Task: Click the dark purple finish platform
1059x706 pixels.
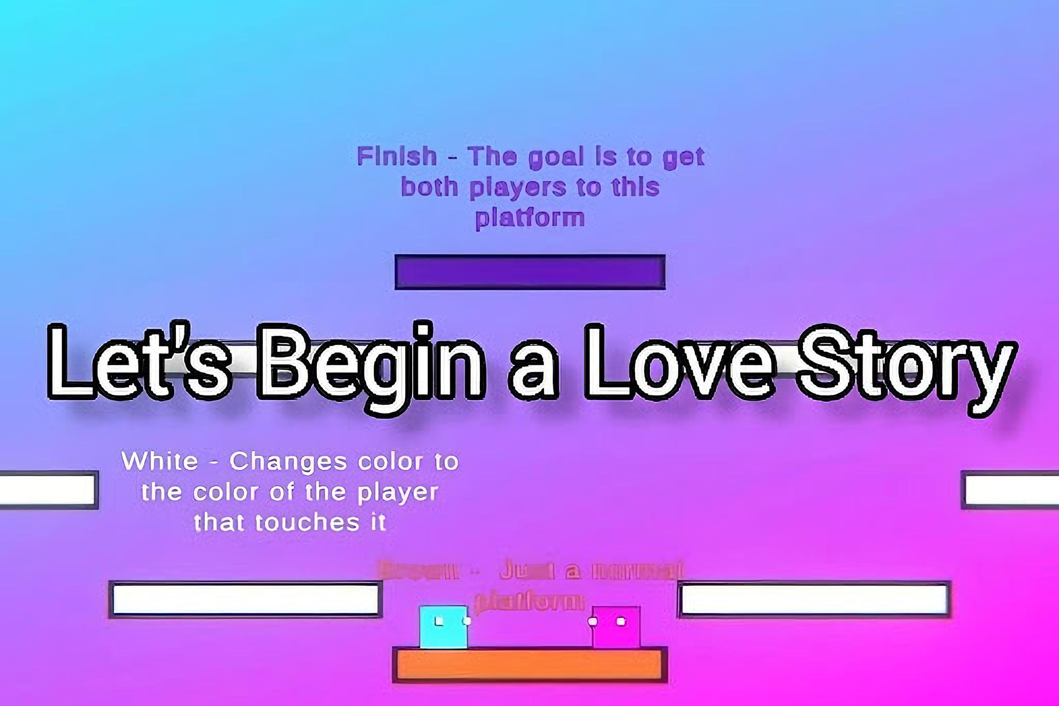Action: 529,271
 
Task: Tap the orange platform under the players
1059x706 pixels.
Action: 529,665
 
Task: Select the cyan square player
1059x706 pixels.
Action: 444,627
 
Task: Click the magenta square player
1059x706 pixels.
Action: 616,627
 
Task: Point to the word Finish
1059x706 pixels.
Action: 397,156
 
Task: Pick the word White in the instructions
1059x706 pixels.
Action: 160,461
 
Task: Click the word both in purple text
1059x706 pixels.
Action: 430,187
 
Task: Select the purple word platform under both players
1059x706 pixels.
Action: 530,218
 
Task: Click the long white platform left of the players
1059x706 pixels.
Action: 246,599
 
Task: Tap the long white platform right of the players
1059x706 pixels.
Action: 814,599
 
